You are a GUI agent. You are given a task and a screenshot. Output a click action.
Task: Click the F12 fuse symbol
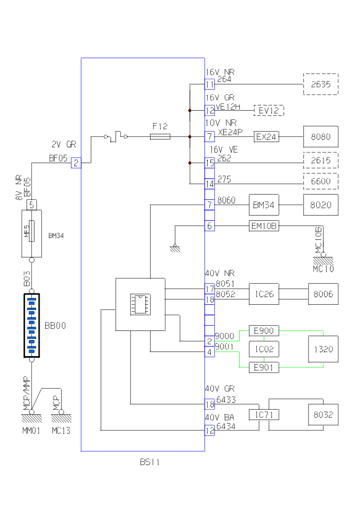click(160, 136)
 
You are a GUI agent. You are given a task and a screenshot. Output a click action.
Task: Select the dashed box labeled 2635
click(320, 84)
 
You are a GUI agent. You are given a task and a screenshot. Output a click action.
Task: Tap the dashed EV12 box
click(268, 110)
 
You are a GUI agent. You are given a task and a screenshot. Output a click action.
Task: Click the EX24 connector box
click(266, 136)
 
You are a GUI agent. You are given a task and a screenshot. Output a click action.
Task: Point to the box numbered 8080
click(320, 136)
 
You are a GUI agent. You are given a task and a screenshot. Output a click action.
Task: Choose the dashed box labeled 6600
click(320, 181)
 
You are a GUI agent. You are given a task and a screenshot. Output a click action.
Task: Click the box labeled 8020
click(320, 204)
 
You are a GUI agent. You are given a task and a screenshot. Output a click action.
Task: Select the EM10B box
click(264, 226)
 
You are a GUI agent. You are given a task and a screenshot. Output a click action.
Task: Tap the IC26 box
click(264, 294)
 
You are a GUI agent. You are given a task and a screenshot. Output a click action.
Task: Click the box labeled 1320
click(323, 349)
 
